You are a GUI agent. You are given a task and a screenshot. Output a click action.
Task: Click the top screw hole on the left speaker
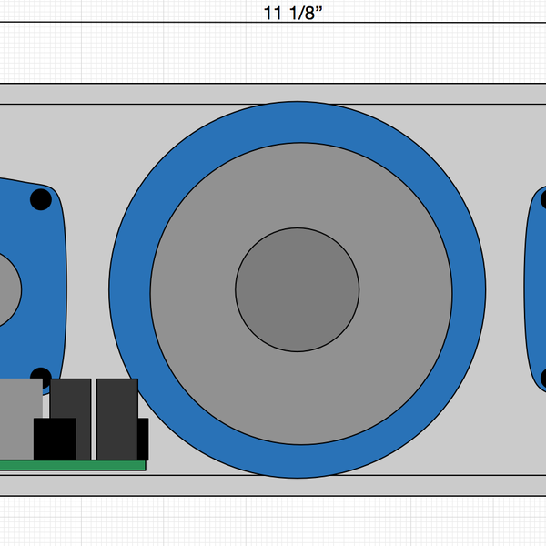(x=41, y=199)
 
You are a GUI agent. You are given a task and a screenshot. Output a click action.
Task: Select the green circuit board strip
(x=73, y=465)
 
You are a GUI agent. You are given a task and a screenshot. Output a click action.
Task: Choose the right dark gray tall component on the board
(x=116, y=409)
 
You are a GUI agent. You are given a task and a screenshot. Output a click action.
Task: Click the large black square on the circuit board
(x=55, y=439)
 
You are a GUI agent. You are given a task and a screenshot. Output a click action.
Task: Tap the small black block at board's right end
(x=143, y=439)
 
